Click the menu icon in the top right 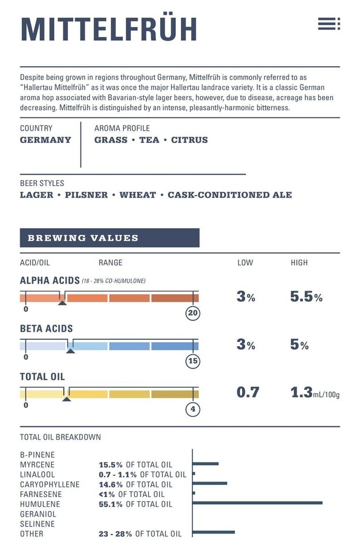[329, 24]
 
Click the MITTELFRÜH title [109, 29]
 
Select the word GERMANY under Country [46, 140]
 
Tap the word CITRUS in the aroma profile [190, 140]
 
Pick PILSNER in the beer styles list [86, 195]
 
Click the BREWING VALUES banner [109, 238]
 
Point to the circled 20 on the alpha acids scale [192, 313]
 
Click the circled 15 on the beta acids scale [192, 362]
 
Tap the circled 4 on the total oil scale [192, 410]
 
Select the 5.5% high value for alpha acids [306, 297]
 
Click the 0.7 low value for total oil [248, 393]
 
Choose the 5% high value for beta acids [300, 345]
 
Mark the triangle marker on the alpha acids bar [62, 302]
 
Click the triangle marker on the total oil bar [66, 398]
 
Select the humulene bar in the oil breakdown [257, 503]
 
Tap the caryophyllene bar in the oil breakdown [210, 483]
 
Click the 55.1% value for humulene [111, 505]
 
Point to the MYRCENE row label [37, 465]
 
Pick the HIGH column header [299, 263]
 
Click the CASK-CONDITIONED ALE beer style [229, 195]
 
